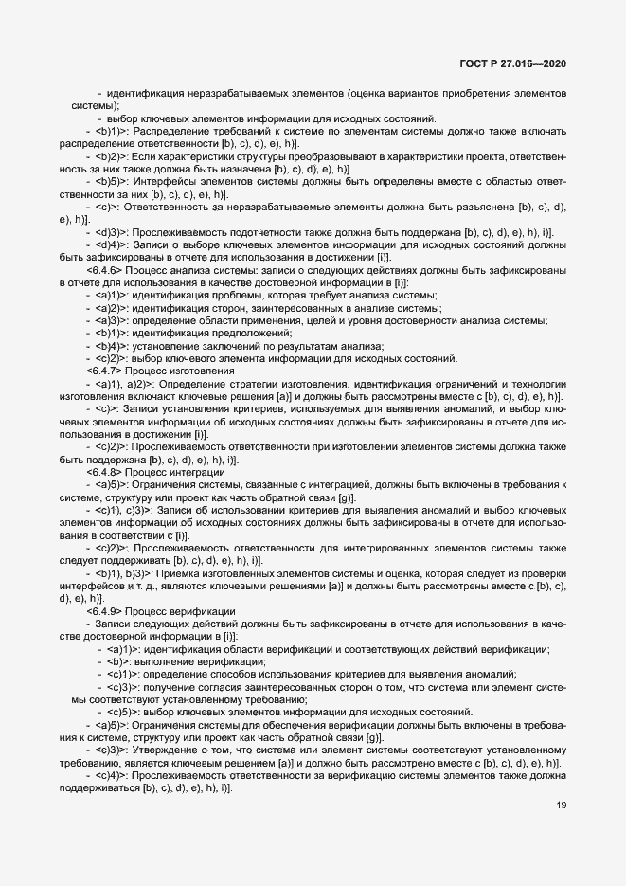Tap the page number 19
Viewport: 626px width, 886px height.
click(561, 806)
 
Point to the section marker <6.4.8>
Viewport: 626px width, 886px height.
click(101, 471)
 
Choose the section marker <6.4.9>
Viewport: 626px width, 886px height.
click(101, 611)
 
